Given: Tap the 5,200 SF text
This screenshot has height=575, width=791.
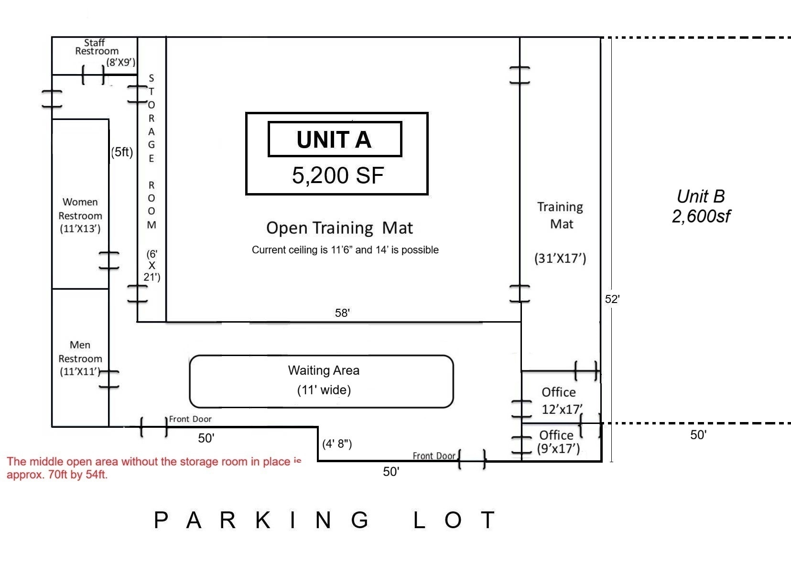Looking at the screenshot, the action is pyautogui.click(x=338, y=175).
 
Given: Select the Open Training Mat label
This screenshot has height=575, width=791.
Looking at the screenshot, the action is pyautogui.click(x=339, y=228).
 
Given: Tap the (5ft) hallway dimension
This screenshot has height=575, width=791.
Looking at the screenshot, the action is pyautogui.click(x=122, y=152).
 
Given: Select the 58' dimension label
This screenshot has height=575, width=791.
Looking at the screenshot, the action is pyautogui.click(x=342, y=313).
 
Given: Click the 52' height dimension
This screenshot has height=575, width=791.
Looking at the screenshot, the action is pyautogui.click(x=612, y=299).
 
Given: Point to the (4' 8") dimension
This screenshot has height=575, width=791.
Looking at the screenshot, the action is pyautogui.click(x=337, y=444).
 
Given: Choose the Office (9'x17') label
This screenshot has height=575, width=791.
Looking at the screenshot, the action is pyautogui.click(x=558, y=442).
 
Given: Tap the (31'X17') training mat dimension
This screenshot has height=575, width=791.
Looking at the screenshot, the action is pyautogui.click(x=560, y=258).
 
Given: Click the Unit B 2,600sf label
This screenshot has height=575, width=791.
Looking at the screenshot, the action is pyautogui.click(x=701, y=206).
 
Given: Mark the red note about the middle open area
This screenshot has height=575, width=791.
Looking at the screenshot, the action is pyautogui.click(x=154, y=468).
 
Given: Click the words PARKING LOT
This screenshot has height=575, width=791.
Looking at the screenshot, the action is pyautogui.click(x=325, y=520).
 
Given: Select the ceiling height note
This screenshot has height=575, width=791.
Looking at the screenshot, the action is pyautogui.click(x=345, y=250).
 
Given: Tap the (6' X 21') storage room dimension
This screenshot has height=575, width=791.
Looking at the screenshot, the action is pyautogui.click(x=152, y=266).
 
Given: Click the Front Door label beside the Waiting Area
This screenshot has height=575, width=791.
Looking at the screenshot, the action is pyautogui.click(x=190, y=419).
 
